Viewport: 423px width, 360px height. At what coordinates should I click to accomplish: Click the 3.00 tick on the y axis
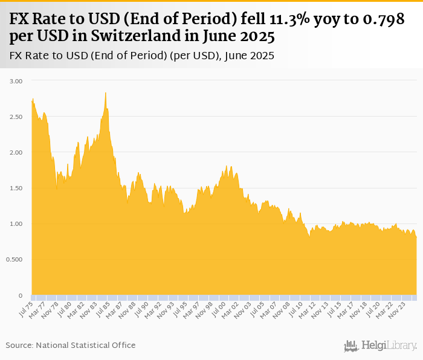tap(16, 81)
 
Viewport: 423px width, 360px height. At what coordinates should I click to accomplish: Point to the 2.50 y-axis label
tap(16, 117)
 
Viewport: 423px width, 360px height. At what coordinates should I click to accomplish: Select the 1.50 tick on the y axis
tap(16, 188)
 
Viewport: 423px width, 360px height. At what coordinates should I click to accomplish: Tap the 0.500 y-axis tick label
tap(15, 260)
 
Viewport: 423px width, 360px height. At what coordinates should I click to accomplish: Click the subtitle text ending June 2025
tap(142, 56)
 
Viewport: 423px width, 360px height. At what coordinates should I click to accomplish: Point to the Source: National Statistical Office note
tap(71, 345)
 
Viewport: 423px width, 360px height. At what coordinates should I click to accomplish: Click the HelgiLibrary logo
tap(381, 345)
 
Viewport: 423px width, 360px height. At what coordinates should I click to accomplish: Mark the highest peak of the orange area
tap(106, 93)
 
